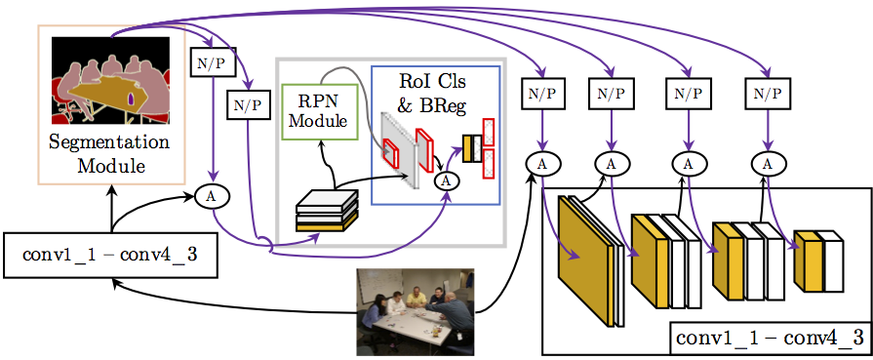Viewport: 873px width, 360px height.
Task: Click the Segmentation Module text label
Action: tap(109, 154)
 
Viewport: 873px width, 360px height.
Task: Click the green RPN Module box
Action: tap(318, 108)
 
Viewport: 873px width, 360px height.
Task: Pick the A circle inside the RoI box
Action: tap(446, 179)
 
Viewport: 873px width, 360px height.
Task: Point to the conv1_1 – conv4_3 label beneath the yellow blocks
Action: tap(770, 340)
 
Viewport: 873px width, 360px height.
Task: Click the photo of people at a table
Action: tap(415, 311)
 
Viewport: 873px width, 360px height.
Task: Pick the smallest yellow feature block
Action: tap(808, 260)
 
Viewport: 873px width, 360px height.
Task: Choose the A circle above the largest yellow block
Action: tap(539, 164)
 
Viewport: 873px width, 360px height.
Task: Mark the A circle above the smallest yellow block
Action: tap(769, 164)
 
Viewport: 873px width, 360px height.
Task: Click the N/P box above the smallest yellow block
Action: tap(770, 95)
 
